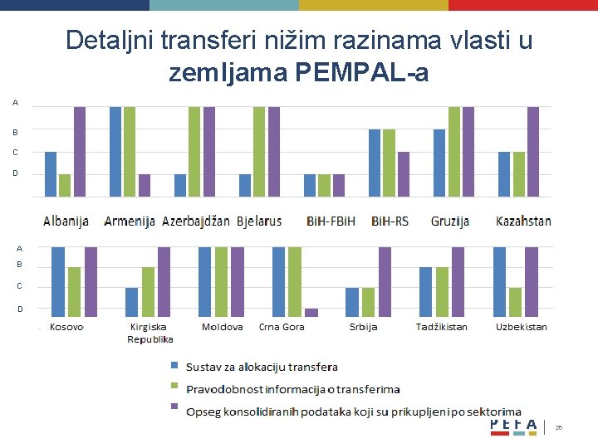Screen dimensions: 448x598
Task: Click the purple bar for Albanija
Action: click(x=80, y=151)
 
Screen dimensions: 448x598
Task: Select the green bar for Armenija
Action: click(x=130, y=151)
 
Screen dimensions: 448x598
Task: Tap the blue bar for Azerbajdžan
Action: click(x=180, y=185)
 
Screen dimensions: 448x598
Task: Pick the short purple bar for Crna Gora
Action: click(x=311, y=312)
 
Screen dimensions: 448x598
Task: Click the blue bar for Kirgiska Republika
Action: click(x=131, y=302)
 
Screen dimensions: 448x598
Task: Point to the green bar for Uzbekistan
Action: click(x=515, y=302)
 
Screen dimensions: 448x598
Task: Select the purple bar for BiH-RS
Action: click(x=404, y=174)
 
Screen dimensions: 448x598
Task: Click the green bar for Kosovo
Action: click(x=74, y=291)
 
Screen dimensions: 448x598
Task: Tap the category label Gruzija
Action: click(x=450, y=222)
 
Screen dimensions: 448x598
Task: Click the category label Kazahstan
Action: click(x=523, y=222)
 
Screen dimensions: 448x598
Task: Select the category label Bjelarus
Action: click(x=259, y=222)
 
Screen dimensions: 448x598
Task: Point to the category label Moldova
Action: click(x=223, y=327)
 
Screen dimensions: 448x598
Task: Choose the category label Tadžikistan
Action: click(x=442, y=327)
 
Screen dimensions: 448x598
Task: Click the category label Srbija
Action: click(x=363, y=327)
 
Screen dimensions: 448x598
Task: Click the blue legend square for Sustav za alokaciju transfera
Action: click(x=174, y=366)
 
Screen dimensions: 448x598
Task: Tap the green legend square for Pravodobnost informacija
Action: click(x=174, y=386)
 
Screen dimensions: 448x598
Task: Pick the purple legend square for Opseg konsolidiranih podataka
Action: click(x=174, y=407)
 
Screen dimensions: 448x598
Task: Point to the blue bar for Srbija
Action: click(x=352, y=302)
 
